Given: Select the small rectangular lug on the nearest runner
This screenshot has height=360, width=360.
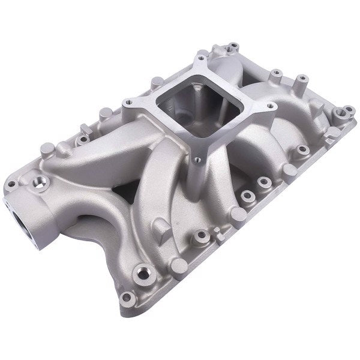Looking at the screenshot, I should pos(160,227).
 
